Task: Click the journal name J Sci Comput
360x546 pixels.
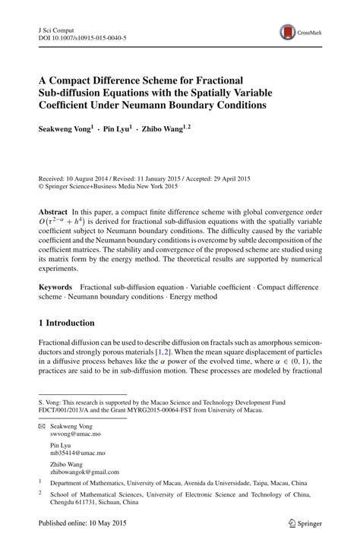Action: pyautogui.click(x=58, y=28)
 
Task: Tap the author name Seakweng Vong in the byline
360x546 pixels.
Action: pyautogui.click(x=65, y=129)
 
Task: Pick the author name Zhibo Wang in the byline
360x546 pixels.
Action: pyautogui.click(x=165, y=129)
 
